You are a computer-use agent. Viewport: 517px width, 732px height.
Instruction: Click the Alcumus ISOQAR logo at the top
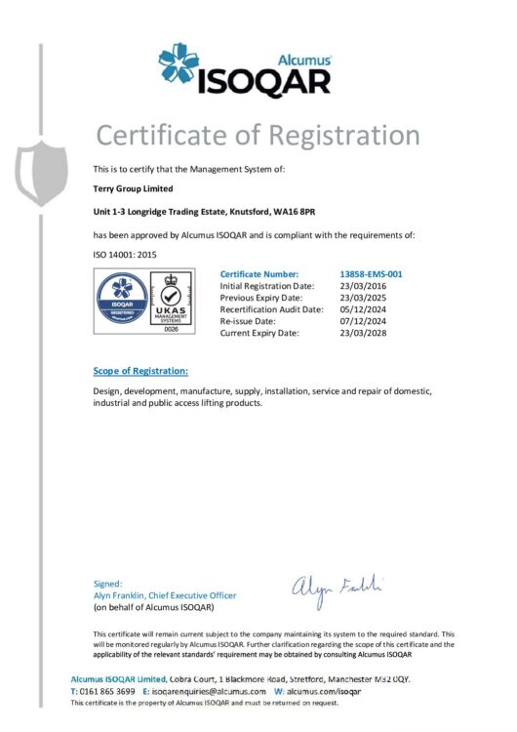(x=245, y=70)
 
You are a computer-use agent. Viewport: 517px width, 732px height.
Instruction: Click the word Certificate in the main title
(x=166, y=135)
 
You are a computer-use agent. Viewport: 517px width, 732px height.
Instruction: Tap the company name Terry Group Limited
(x=133, y=189)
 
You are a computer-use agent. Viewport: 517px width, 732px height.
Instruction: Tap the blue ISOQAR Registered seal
(x=123, y=299)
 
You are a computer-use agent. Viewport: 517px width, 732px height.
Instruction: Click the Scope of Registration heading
(x=140, y=371)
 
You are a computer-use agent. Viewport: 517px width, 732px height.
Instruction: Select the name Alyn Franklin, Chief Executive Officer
(x=164, y=594)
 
